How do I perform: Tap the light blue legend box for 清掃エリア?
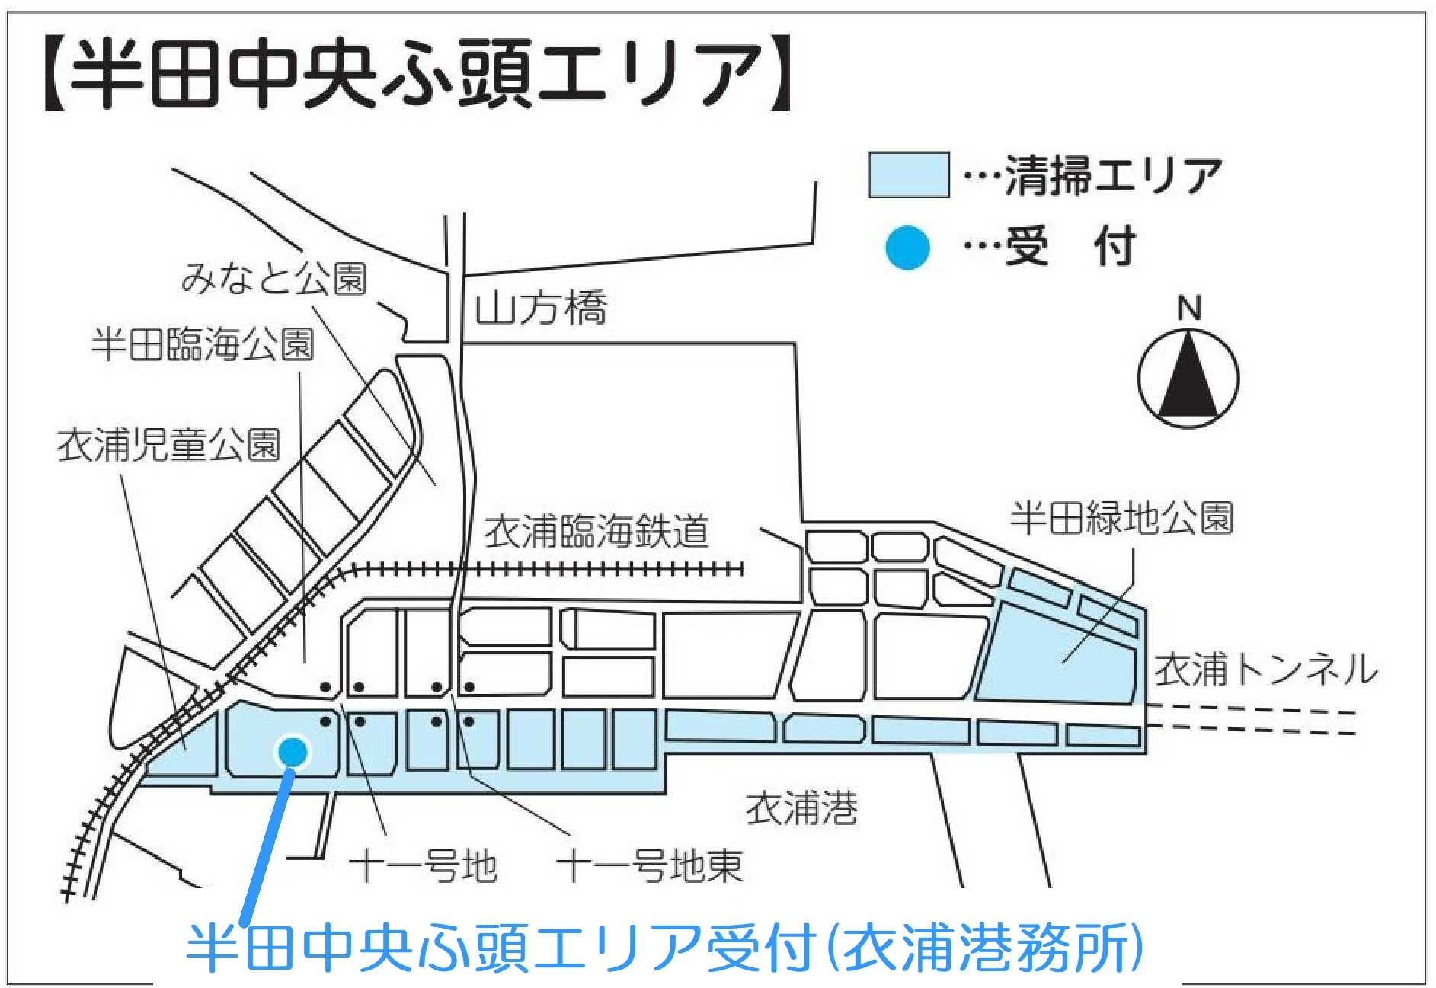pyautogui.click(x=909, y=175)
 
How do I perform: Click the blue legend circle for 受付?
pyautogui.click(x=907, y=248)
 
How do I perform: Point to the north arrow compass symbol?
pyautogui.click(x=1188, y=379)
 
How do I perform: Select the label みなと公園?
pyautogui.click(x=273, y=279)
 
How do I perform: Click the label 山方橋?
pyautogui.click(x=541, y=309)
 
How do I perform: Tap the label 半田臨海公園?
pyautogui.click(x=203, y=344)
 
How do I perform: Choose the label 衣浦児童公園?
pyautogui.click(x=169, y=444)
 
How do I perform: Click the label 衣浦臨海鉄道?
pyautogui.click(x=596, y=532)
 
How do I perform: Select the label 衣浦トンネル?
pyautogui.click(x=1265, y=670)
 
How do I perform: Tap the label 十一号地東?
pyautogui.click(x=650, y=866)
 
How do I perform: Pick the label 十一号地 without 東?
pyautogui.click(x=424, y=867)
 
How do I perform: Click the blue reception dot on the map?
pyautogui.click(x=293, y=752)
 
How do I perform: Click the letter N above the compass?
pyautogui.click(x=1188, y=309)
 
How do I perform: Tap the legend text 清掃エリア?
pyautogui.click(x=1113, y=176)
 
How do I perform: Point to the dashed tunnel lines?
pyautogui.click(x=1253, y=722)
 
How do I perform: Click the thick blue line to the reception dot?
pyautogui.click(x=268, y=838)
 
